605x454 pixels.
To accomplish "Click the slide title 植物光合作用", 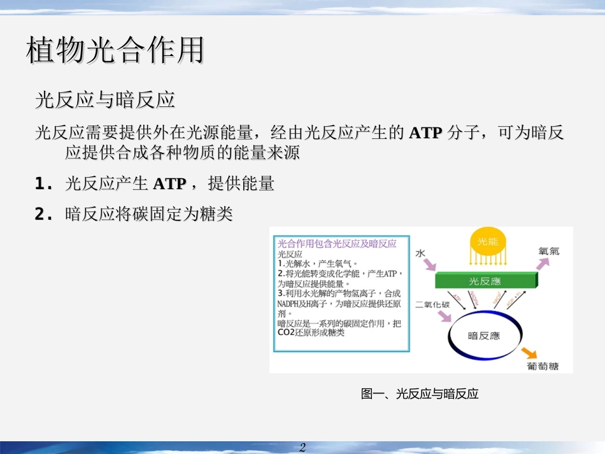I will pos(115,51).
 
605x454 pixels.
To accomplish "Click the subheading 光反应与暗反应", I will pos(105,101).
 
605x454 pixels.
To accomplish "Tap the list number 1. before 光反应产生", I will pos(43,185).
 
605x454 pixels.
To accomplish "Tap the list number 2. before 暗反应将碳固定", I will pos(43,215).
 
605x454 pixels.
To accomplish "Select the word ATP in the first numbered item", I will pos(169,185).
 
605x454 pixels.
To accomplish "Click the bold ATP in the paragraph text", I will pos(426,133).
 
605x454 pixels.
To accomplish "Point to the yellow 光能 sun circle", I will pos(488,242).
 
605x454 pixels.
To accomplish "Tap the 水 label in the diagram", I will pos(420,253).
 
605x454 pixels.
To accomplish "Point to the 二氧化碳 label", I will pos(432,304).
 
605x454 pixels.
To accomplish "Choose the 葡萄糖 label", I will pos(543,366).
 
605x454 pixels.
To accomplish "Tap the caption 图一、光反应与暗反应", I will pos(420,394).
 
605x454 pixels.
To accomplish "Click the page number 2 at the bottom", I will pos(302,447).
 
